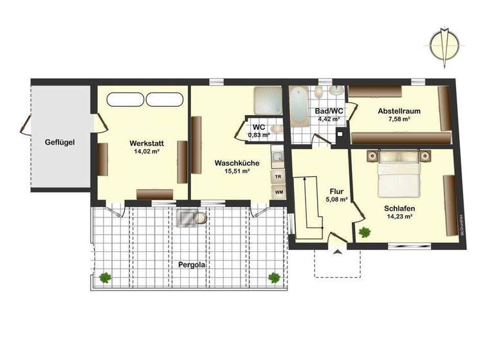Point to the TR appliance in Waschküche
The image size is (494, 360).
tap(279, 175)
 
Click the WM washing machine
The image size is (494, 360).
tap(279, 192)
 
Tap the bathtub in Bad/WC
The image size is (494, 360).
tap(298, 107)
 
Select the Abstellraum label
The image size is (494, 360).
tap(400, 111)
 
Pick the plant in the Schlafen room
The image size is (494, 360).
tap(365, 232)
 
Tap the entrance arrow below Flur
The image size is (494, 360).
tap(336, 253)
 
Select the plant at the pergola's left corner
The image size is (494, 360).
tap(105, 277)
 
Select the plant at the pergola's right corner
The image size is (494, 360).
tap(274, 277)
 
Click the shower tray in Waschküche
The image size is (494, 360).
tap(267, 101)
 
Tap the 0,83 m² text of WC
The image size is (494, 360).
tap(259, 134)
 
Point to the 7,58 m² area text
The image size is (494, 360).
tap(400, 120)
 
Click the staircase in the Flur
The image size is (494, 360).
tap(311, 202)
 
